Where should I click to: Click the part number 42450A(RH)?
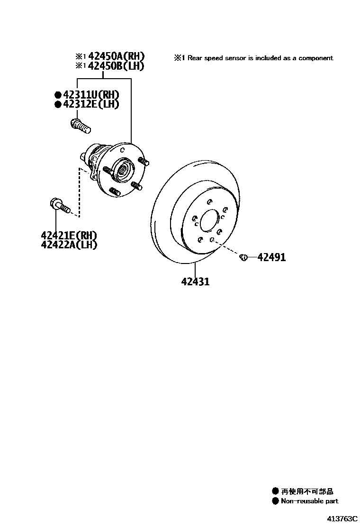[x=116, y=56]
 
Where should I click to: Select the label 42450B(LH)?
[x=116, y=66]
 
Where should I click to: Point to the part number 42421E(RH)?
[x=69, y=236]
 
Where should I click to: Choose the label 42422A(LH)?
[x=69, y=245]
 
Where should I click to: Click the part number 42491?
[x=271, y=257]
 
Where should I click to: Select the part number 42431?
[x=195, y=282]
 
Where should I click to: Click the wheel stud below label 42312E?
[x=80, y=126]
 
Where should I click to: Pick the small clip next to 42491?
[x=244, y=257]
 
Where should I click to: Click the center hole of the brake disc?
[x=209, y=222]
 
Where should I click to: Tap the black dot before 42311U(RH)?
[x=58, y=95]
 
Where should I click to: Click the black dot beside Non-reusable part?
[x=275, y=501]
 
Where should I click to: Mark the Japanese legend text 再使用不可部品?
[x=307, y=491]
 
